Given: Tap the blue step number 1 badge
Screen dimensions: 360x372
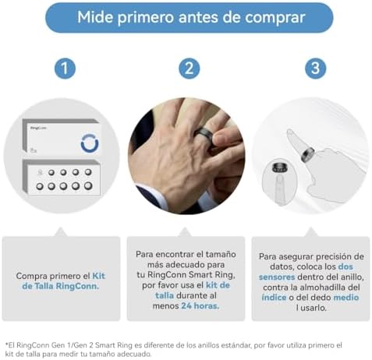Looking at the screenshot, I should [x=65, y=69].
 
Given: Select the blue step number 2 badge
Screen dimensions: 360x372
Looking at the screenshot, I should [x=189, y=69].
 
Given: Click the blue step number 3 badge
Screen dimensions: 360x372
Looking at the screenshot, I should [x=314, y=69].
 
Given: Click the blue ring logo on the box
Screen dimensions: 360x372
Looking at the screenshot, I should [x=89, y=143].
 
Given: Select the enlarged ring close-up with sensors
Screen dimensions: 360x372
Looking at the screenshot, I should [x=277, y=171].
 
